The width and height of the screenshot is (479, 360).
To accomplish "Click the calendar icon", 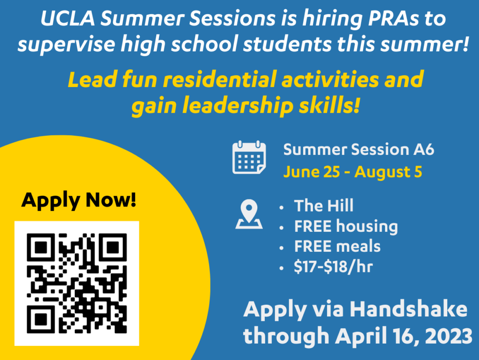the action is [x=249, y=157].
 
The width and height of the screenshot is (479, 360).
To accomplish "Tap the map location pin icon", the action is [x=249, y=214].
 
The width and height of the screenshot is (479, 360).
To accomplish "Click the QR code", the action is [x=77, y=283].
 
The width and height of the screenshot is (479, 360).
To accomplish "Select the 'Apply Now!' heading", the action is [x=79, y=200].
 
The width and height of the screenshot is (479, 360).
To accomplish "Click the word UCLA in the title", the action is [x=68, y=19].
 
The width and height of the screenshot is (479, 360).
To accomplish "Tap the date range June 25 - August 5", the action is [x=353, y=172].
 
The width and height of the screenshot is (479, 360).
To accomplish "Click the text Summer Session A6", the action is [x=359, y=150].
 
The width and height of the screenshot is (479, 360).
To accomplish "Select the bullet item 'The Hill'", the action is [x=324, y=206].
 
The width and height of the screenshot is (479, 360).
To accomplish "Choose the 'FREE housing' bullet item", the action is [x=346, y=227].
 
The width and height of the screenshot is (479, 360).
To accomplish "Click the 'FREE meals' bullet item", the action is [x=337, y=246].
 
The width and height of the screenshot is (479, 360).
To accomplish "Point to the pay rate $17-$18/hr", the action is [x=333, y=267].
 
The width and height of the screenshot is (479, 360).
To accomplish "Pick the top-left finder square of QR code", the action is [x=41, y=247].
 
